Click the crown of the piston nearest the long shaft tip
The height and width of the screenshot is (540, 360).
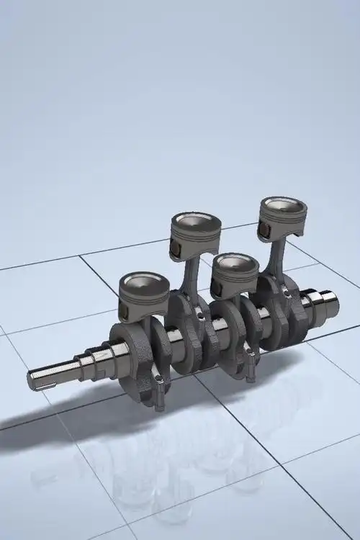pos(143,282)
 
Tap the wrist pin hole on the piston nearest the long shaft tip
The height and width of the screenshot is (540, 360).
pos(123,311)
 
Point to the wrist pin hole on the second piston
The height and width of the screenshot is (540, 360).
pos(174,251)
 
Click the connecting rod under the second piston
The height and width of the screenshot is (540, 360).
pos(192,276)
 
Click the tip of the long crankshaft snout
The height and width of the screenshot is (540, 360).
pos(33,377)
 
